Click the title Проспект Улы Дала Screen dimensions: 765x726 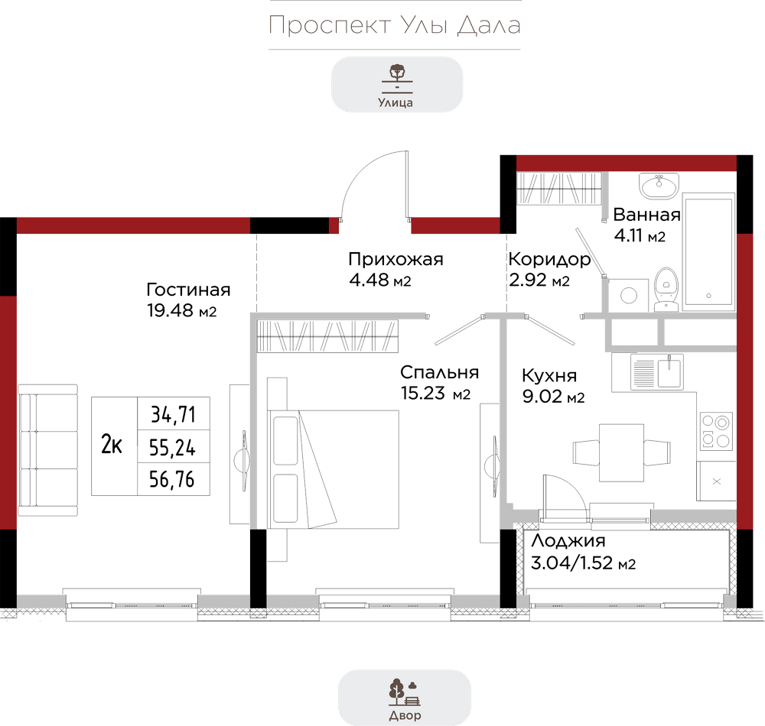point(395,25)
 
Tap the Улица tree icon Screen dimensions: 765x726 point(397,78)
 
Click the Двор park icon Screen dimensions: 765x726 point(405,692)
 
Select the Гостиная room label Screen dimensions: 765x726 point(188,290)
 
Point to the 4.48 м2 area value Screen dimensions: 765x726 point(380,280)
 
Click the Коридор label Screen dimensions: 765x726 point(549,260)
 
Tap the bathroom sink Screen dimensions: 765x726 point(659,186)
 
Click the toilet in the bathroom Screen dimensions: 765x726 point(666,289)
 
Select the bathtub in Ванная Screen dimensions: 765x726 point(709,251)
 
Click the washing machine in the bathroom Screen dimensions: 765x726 point(628,295)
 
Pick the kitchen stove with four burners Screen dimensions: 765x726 point(716,431)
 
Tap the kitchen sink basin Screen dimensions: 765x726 point(669,372)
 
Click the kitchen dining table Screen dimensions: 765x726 point(621,452)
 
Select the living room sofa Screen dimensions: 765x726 point(47,449)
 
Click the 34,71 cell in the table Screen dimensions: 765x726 point(173,414)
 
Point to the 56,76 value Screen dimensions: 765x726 point(171,479)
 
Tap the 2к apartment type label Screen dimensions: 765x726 point(111,444)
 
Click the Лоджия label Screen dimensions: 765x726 point(568,540)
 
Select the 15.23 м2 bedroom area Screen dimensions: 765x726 point(436,394)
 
